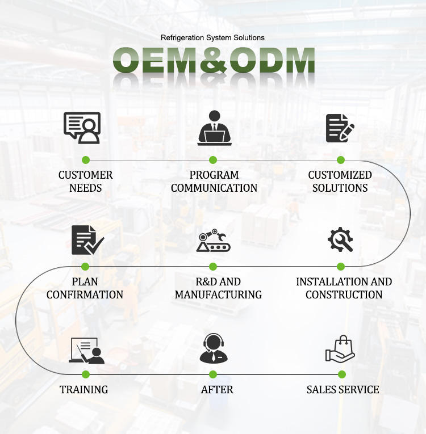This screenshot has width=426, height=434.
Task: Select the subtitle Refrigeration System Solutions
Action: (x=212, y=37)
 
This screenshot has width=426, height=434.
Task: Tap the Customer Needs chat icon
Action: (x=82, y=128)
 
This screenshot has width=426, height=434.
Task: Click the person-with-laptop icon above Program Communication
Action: (x=214, y=128)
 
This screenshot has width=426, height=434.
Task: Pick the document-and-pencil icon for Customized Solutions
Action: (x=340, y=128)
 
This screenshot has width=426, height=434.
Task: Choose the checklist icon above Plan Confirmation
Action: (x=86, y=239)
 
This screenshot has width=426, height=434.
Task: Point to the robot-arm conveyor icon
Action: (x=214, y=240)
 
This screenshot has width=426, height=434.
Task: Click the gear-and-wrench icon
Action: (x=340, y=239)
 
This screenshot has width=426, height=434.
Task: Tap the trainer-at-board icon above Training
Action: (x=86, y=350)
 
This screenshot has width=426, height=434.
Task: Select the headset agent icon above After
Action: (x=214, y=348)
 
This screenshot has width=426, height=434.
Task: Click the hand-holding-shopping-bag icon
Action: (x=340, y=349)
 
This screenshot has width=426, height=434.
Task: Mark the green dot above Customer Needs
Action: (x=85, y=160)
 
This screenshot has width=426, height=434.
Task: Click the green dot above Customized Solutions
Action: (x=341, y=160)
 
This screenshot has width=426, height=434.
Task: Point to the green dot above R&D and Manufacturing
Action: (x=213, y=266)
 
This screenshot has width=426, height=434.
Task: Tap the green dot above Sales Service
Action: (x=341, y=374)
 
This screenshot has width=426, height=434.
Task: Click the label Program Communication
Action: (x=214, y=181)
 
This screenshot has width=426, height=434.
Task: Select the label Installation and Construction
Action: (x=344, y=288)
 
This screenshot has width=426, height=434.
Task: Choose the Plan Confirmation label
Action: (x=85, y=288)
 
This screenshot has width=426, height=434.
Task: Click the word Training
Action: (x=84, y=389)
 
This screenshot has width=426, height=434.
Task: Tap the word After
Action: (x=217, y=389)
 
